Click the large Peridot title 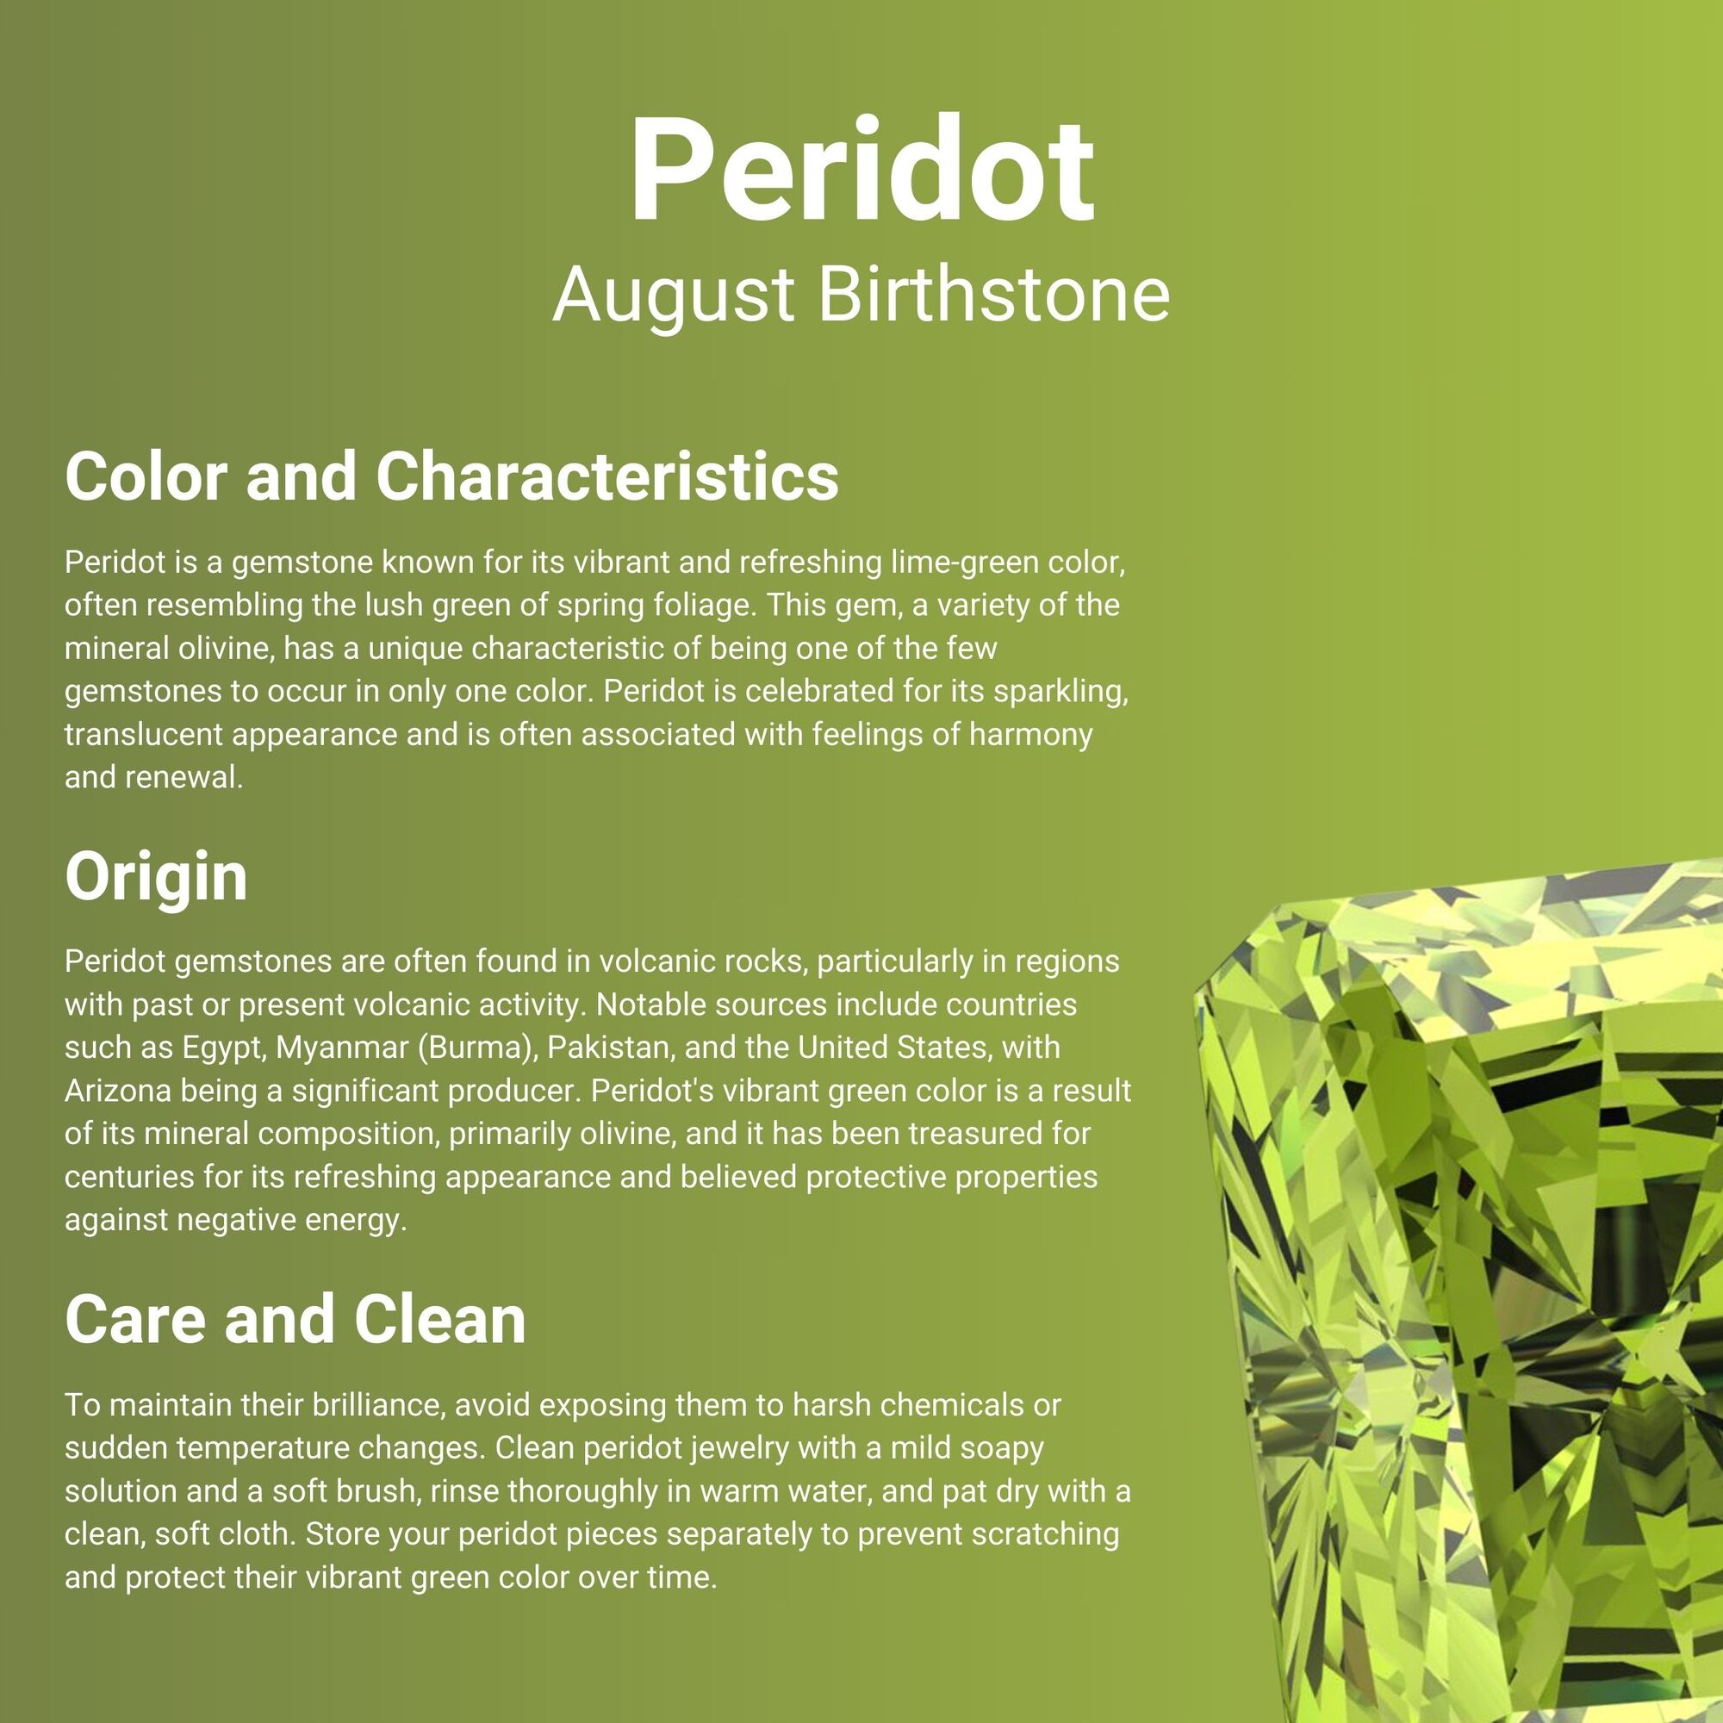pyautogui.click(x=861, y=170)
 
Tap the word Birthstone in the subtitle pyautogui.click(x=993, y=295)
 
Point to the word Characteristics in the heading pyautogui.click(x=607, y=476)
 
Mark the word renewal pyautogui.click(x=183, y=778)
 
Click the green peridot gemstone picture pyautogui.click(x=1463, y=1293)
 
